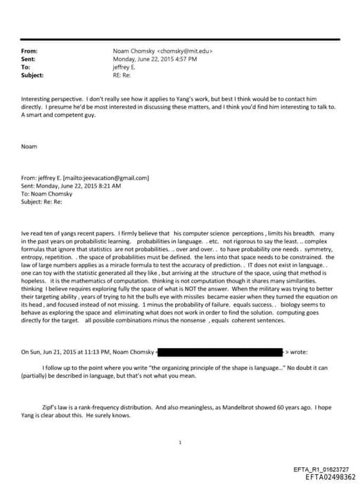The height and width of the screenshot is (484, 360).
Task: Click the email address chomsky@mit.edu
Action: coord(186,51)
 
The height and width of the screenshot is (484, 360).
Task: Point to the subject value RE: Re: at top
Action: coord(122,75)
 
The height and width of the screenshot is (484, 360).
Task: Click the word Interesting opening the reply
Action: coord(36,100)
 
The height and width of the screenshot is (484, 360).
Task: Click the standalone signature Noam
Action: coord(29,146)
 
